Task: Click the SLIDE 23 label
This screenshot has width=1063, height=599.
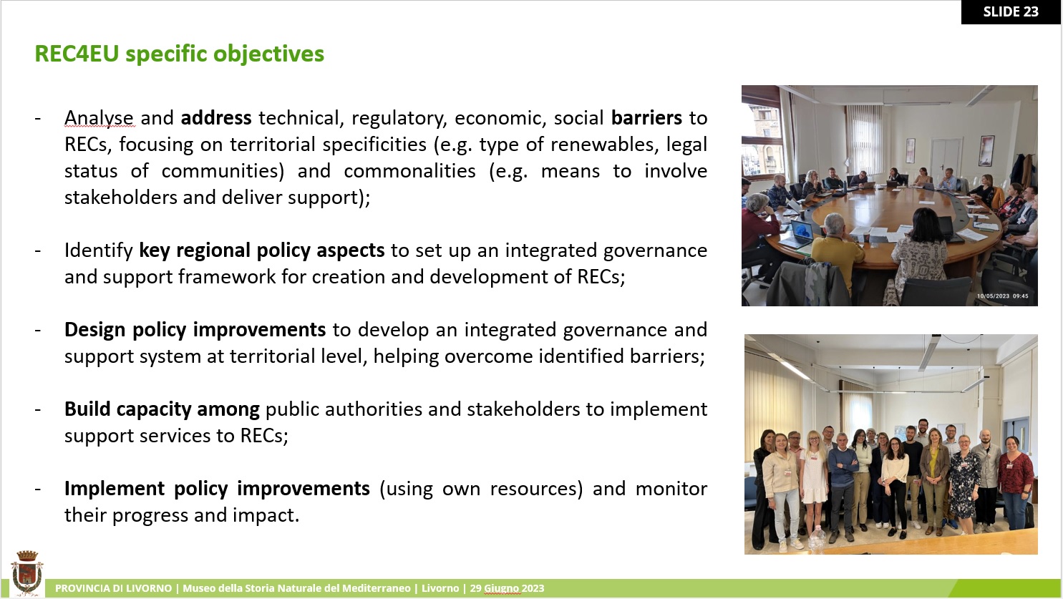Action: (x=1011, y=12)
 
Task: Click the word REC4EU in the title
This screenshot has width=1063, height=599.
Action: (x=77, y=54)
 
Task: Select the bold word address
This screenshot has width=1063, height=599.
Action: (x=216, y=117)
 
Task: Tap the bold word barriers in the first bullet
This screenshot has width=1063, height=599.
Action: (x=646, y=117)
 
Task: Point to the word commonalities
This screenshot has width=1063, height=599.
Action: (x=409, y=171)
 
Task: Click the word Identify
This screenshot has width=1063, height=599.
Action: (x=99, y=250)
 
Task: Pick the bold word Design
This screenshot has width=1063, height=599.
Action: (x=95, y=330)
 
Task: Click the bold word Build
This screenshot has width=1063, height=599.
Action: (x=87, y=409)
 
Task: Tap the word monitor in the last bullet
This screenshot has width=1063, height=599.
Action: (x=671, y=489)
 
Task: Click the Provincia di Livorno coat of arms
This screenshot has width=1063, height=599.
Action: (x=27, y=573)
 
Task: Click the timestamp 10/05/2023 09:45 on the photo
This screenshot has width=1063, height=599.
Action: (x=1002, y=296)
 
